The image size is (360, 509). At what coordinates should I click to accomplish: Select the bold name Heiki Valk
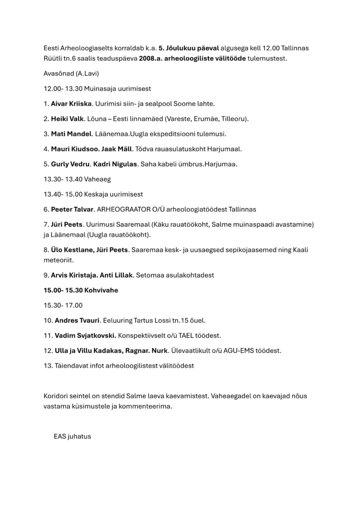tap(67, 119)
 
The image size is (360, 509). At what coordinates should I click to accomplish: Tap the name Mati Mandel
tap(71, 134)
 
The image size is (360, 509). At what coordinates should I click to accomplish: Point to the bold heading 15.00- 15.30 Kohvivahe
tap(81, 290)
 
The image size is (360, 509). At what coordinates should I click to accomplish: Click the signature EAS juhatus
tap(73, 436)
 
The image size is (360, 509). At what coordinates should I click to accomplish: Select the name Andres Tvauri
tap(78, 320)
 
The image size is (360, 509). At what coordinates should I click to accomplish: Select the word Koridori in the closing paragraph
tap(57, 396)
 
